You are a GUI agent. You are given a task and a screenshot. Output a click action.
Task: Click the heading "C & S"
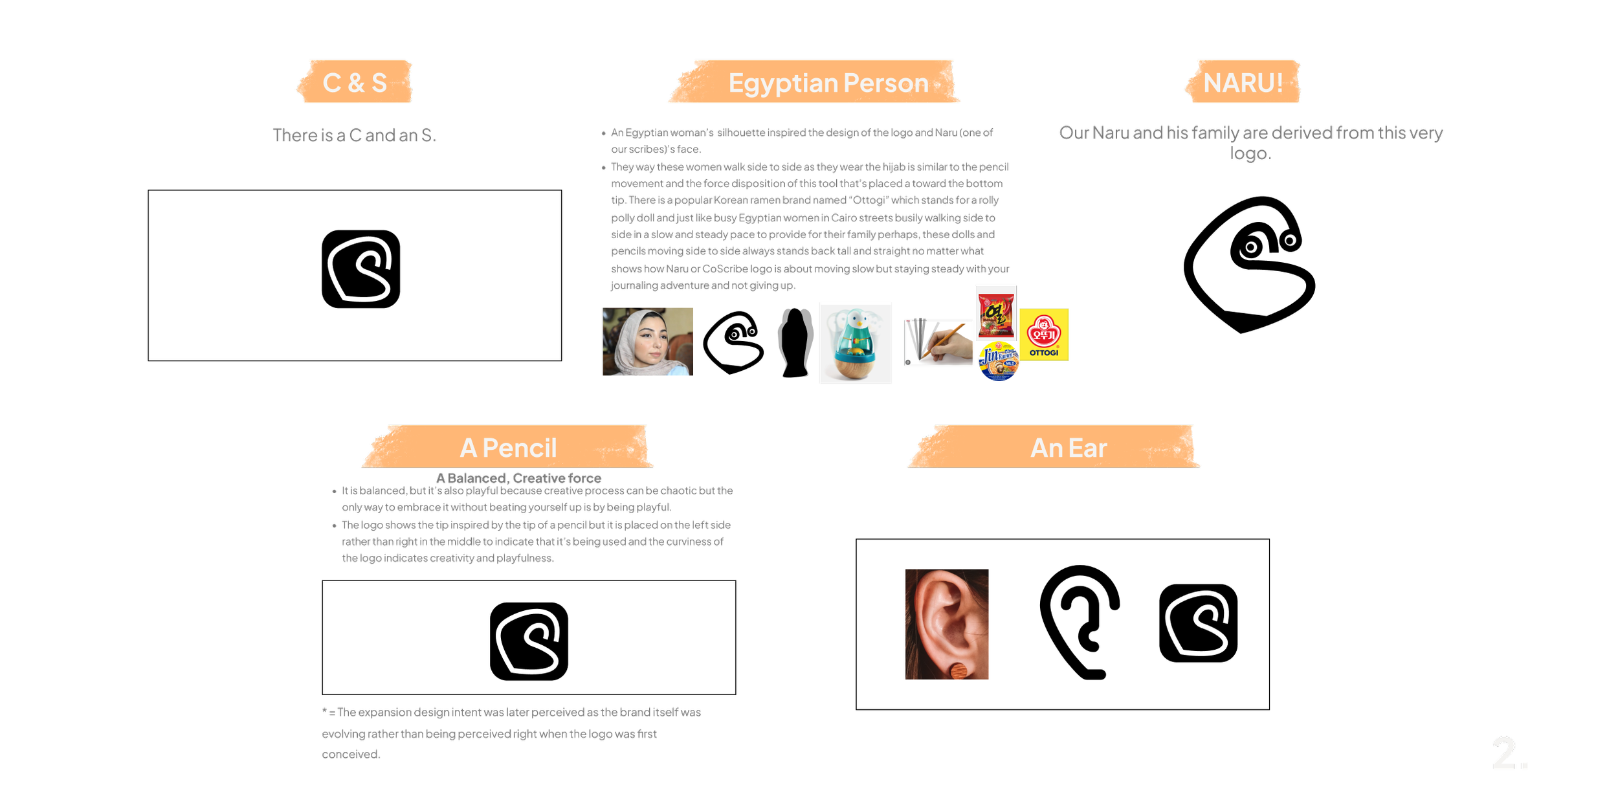pyautogui.click(x=355, y=83)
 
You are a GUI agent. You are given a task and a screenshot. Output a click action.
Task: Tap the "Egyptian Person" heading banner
pyautogui.click(x=828, y=83)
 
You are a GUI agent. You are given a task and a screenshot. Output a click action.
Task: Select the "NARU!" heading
pyautogui.click(x=1243, y=83)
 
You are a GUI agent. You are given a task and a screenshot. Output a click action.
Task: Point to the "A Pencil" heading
pyautogui.click(x=508, y=448)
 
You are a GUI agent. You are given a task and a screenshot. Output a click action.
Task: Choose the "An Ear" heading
pyautogui.click(x=1069, y=448)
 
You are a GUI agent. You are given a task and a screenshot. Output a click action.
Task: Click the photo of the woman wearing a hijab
pyautogui.click(x=647, y=350)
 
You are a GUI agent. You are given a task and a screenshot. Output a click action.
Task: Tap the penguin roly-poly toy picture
pyautogui.click(x=856, y=343)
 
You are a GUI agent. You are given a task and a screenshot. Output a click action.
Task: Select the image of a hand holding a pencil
pyautogui.click(x=938, y=343)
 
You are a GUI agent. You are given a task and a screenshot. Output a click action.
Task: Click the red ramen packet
pyautogui.click(x=996, y=313)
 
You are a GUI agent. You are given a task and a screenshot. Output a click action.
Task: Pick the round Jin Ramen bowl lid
pyautogui.click(x=999, y=361)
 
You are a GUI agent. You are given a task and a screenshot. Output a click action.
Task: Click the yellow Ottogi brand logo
pyautogui.click(x=1044, y=335)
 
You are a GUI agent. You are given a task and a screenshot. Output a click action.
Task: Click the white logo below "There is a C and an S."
pyautogui.click(x=360, y=269)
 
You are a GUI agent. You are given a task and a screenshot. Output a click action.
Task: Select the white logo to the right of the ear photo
pyautogui.click(x=1197, y=623)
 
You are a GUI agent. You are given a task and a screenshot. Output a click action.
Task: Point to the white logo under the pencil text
pyautogui.click(x=528, y=641)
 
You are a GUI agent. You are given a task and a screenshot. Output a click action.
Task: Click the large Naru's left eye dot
pyautogui.click(x=1251, y=247)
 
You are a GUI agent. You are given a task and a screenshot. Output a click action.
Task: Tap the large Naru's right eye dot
pyautogui.click(x=1290, y=241)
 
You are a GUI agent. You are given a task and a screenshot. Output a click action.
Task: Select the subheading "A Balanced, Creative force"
pyautogui.click(x=518, y=478)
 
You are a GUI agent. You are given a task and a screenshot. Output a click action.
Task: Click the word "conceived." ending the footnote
pyautogui.click(x=351, y=755)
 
